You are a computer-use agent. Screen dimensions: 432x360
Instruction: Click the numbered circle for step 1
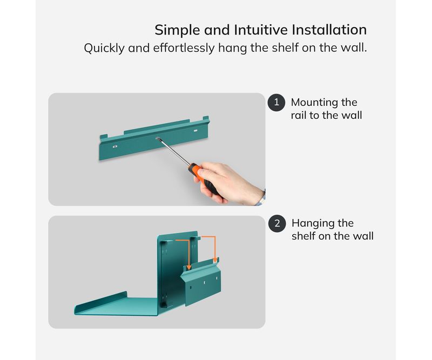click(276, 103)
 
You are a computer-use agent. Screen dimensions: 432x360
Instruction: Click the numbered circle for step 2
click(277, 223)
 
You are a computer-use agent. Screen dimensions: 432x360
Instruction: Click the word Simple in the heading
click(177, 30)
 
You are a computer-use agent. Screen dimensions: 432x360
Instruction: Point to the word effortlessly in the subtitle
click(184, 48)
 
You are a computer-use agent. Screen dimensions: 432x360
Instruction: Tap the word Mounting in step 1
click(314, 103)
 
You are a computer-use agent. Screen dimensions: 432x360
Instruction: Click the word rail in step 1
click(299, 115)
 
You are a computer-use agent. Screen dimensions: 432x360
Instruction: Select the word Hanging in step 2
click(313, 223)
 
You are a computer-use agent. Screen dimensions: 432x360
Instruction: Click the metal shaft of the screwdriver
click(173, 151)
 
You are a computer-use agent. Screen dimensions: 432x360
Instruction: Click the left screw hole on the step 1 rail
click(115, 146)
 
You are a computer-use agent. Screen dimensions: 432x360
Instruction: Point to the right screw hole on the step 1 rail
click(195, 130)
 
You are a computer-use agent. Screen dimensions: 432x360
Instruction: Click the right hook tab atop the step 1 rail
click(206, 119)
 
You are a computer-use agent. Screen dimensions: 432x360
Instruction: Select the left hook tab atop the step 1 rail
click(104, 137)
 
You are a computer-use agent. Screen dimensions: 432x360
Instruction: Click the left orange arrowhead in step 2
click(188, 267)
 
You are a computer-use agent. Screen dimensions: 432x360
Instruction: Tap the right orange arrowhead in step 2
click(215, 260)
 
